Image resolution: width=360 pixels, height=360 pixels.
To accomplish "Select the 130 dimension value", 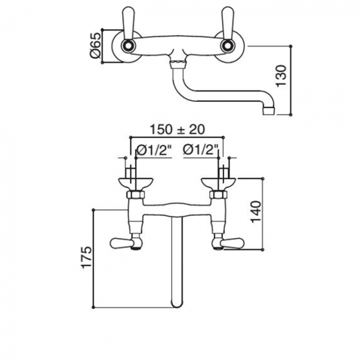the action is (281, 76).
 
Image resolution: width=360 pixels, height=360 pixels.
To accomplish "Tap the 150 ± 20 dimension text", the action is (177, 130).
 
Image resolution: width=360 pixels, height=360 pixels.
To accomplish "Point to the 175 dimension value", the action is (86, 258).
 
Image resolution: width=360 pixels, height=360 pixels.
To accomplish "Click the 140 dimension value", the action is (256, 212).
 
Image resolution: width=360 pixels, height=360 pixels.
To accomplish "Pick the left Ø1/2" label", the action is (155, 151).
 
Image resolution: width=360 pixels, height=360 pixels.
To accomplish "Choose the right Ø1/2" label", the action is (200, 150).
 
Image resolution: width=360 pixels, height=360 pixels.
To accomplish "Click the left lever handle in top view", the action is (128, 23).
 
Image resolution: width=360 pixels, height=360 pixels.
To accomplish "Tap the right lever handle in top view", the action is (228, 23).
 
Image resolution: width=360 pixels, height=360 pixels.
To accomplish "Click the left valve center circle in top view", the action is (127, 46).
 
